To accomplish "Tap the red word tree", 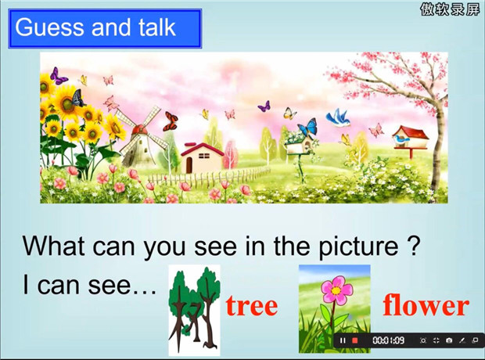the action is [x=252, y=306].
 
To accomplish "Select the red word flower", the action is [x=426, y=305].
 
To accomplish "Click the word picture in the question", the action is [x=358, y=247].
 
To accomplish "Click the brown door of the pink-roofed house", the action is [x=189, y=166].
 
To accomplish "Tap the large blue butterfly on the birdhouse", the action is [x=307, y=127].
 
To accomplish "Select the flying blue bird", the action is [x=338, y=118].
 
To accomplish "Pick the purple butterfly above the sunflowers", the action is [x=58, y=76].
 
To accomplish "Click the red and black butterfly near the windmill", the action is [x=171, y=121].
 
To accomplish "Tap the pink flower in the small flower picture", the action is [x=336, y=289].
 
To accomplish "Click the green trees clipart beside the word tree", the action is [x=194, y=311].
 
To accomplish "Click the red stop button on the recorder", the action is [x=355, y=340].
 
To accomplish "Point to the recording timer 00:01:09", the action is [x=389, y=340].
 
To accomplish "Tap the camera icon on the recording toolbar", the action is [x=449, y=340].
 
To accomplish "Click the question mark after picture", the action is [x=413, y=245].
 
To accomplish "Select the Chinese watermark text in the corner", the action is [x=450, y=9].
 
